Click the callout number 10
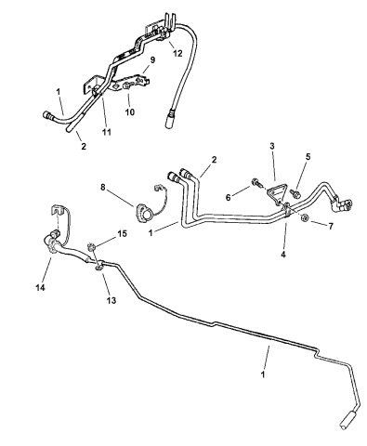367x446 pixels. (129, 111)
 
